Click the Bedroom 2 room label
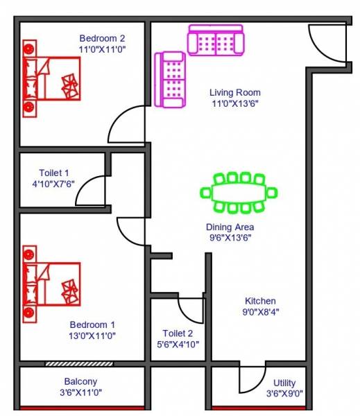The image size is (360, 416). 102,38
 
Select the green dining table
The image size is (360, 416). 239,192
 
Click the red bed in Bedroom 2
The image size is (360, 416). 51,78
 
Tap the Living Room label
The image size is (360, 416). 235,92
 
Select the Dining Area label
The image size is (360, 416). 230,227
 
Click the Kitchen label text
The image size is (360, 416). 260,301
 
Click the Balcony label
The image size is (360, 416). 80,381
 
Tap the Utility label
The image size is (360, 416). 284,383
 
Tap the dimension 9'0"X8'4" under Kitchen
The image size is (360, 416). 260,311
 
